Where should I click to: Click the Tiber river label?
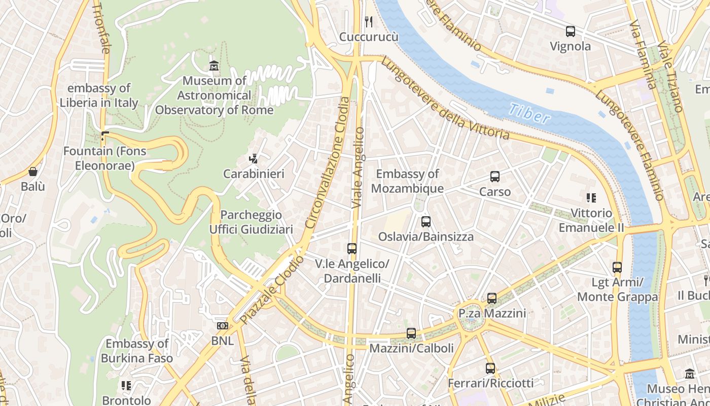(x=529, y=114)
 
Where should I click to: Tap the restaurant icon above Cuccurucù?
(x=369, y=21)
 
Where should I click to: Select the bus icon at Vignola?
(x=571, y=31)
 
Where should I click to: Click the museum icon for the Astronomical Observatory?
(x=214, y=65)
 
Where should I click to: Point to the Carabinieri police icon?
(x=253, y=159)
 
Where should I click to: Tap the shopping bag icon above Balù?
(x=33, y=172)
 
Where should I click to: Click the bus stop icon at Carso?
(x=495, y=177)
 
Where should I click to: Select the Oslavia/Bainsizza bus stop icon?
(x=426, y=221)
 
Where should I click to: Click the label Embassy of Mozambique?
(x=407, y=181)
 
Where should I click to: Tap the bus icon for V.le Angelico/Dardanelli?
(x=352, y=249)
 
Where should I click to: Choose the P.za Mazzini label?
(x=492, y=314)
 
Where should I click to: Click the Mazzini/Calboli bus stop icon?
(x=411, y=333)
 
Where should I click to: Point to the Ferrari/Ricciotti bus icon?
(x=490, y=368)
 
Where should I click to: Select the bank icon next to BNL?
(x=222, y=326)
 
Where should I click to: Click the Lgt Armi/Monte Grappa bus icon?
(x=617, y=267)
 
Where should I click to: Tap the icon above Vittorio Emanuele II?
(x=591, y=197)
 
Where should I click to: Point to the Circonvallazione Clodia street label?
(x=327, y=162)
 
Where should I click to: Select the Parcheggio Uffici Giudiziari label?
(x=251, y=222)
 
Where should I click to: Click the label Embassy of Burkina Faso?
(x=137, y=351)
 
